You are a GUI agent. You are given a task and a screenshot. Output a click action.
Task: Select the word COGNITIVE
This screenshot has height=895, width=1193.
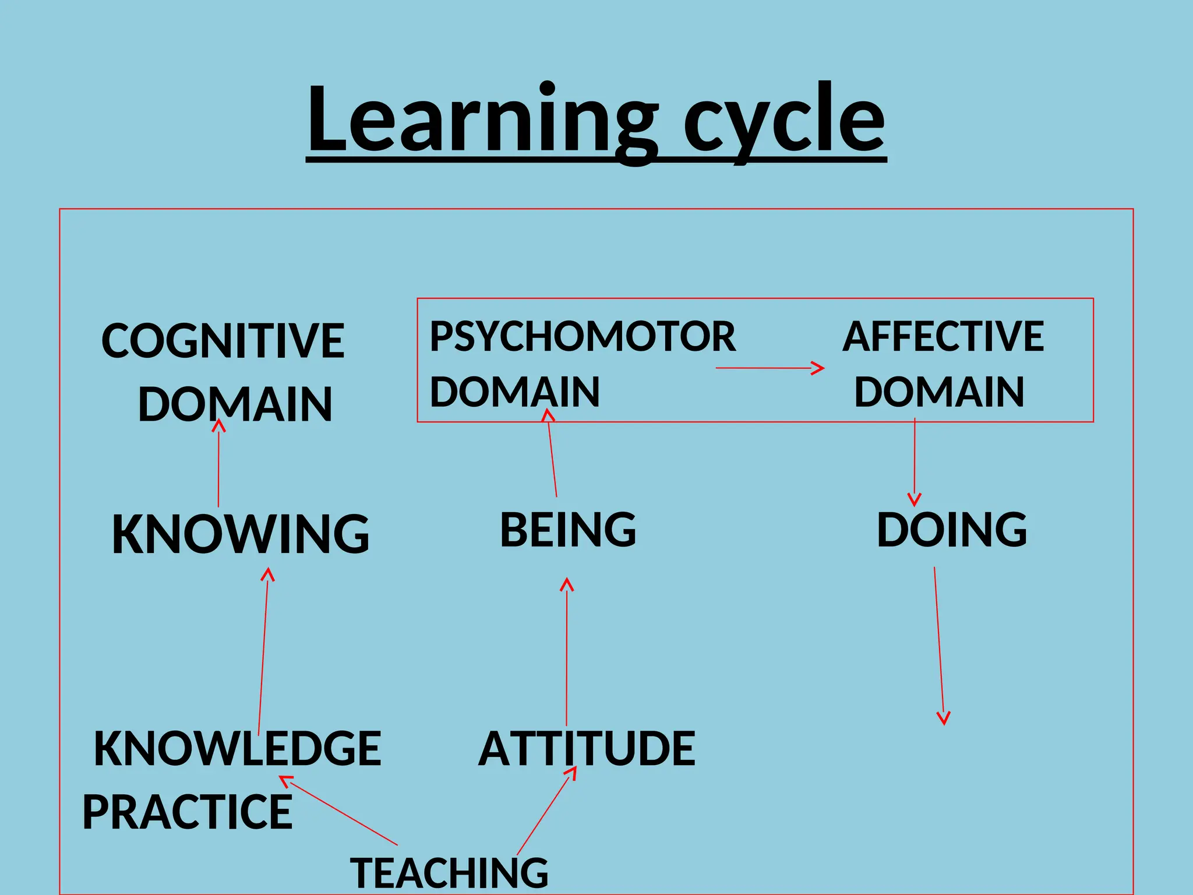tap(223, 341)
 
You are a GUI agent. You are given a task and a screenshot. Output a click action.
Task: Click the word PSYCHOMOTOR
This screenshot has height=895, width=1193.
tap(583, 337)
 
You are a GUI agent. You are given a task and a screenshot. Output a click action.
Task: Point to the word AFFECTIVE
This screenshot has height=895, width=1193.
tap(943, 337)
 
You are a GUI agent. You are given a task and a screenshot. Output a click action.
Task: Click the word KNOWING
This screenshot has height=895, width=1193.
tap(241, 534)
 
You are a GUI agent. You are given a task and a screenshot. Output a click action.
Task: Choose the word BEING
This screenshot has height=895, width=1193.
tap(568, 530)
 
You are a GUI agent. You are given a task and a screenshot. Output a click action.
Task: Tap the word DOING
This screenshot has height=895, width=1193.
tap(952, 530)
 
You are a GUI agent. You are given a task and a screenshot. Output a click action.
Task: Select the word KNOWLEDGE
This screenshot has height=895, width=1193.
tap(238, 749)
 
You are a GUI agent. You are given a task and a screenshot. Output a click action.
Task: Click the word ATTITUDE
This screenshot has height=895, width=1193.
tap(587, 749)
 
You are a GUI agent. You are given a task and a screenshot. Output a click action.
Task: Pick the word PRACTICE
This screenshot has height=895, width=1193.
tap(188, 812)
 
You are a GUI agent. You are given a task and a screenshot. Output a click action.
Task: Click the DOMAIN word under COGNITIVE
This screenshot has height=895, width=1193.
tap(235, 404)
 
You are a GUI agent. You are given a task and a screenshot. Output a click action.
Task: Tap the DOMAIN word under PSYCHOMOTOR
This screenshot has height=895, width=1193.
tap(515, 392)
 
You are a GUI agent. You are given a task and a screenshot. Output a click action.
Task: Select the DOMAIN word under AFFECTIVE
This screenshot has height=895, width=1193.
tap(939, 392)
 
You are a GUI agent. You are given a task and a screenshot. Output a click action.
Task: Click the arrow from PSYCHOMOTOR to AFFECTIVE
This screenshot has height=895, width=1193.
tap(769, 368)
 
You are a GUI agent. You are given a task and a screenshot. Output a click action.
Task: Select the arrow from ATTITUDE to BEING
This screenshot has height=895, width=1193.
tap(567, 653)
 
